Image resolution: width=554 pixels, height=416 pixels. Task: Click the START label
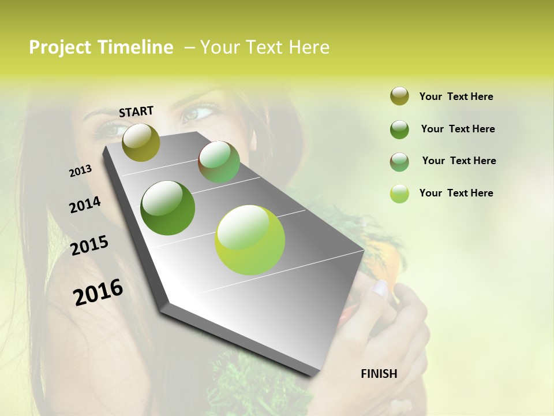click(x=136, y=111)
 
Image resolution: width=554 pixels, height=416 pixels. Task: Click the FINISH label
click(x=379, y=374)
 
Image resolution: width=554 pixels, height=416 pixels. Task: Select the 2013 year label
click(x=80, y=171)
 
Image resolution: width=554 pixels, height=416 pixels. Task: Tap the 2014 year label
click(x=85, y=205)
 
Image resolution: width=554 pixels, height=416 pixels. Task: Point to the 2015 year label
click(x=89, y=246)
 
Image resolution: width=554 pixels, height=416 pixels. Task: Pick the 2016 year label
click(x=98, y=292)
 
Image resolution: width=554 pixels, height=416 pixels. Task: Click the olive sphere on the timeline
click(x=141, y=142)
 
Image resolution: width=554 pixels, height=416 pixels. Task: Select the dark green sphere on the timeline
click(x=168, y=208)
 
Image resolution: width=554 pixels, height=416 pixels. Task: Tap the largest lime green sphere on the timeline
click(x=250, y=240)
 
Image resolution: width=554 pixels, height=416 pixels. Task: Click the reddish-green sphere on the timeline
click(x=219, y=162)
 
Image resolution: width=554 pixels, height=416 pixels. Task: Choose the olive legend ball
click(x=399, y=96)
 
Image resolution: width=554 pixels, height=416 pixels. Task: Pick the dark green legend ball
click(x=399, y=129)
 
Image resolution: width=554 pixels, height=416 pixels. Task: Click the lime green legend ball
click(x=399, y=194)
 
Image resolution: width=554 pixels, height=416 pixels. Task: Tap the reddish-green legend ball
click(x=399, y=162)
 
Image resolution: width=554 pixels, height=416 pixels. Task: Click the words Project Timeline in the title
click(x=101, y=47)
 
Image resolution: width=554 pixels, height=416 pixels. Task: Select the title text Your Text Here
click(x=264, y=47)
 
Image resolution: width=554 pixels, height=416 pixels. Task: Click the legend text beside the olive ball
click(x=456, y=96)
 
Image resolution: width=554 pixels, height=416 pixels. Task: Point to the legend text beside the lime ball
click(x=456, y=193)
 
